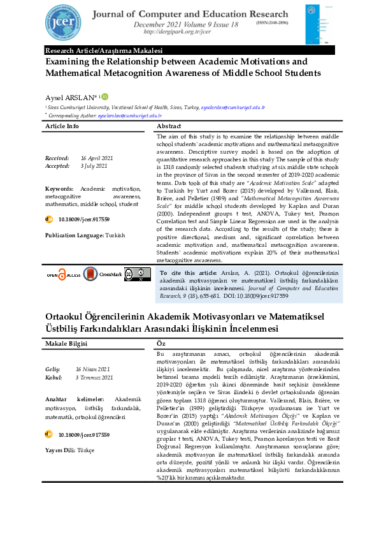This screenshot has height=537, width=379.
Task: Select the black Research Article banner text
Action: point(104,50)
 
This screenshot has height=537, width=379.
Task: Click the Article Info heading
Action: point(62,126)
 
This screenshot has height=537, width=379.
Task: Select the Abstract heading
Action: point(169,126)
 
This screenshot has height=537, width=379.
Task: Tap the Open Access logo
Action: point(61,274)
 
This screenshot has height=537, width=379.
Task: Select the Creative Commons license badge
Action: point(137,274)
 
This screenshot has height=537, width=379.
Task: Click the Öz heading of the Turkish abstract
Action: point(161,343)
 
